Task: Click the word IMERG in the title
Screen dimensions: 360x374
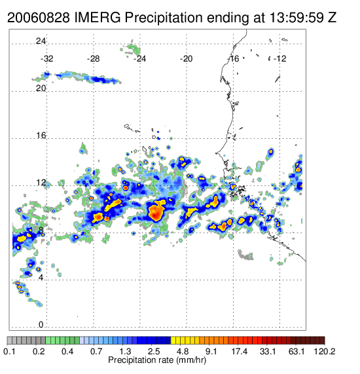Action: point(98,18)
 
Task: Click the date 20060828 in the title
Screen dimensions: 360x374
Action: point(39,18)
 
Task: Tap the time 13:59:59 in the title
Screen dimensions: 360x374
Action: point(297,18)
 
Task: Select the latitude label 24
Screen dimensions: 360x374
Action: point(41,41)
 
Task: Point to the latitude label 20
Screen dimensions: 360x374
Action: point(41,88)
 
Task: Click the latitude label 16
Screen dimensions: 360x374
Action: point(41,136)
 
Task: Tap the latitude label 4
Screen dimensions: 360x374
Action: point(41,278)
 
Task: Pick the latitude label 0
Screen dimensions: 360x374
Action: point(41,325)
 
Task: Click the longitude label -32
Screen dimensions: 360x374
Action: point(46,59)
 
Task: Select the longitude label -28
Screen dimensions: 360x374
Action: point(93,59)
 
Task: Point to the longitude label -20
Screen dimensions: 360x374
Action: point(186,59)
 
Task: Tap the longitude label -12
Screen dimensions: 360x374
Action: point(280,59)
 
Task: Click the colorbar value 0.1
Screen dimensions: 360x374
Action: point(9,352)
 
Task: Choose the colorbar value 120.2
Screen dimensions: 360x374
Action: point(325,352)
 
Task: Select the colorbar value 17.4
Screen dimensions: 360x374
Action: point(240,352)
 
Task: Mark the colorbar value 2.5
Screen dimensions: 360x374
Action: point(154,352)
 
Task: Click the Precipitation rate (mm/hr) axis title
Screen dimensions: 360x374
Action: point(157,360)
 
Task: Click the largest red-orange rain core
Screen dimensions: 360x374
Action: point(156,212)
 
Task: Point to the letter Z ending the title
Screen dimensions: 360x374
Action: point(332,18)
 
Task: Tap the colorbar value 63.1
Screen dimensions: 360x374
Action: point(297,352)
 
